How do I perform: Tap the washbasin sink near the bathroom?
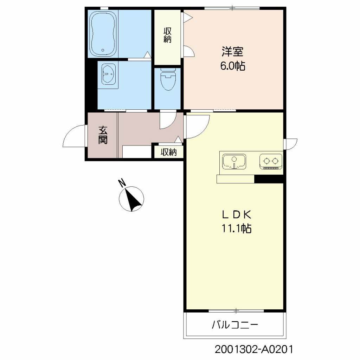pyautogui.click(x=108, y=75)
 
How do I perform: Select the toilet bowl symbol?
pyautogui.click(x=167, y=81)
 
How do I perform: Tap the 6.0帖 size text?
pyautogui.click(x=232, y=66)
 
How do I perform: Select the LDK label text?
pyautogui.click(x=236, y=214)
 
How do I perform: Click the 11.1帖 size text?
pyautogui.click(x=236, y=229)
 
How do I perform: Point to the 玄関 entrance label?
pyautogui.click(x=103, y=135)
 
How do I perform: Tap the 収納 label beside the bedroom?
pyautogui.click(x=167, y=35)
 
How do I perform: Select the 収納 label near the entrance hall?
pyautogui.click(x=168, y=152)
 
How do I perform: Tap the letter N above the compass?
pyautogui.click(x=122, y=183)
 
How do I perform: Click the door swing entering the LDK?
pyautogui.click(x=197, y=126)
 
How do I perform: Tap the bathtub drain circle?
pyautogui.click(x=103, y=50)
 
